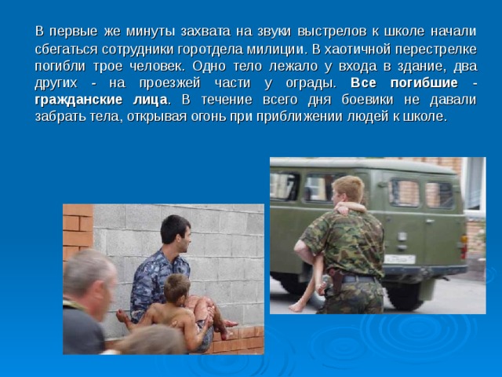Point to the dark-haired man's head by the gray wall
click(x=175, y=232)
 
